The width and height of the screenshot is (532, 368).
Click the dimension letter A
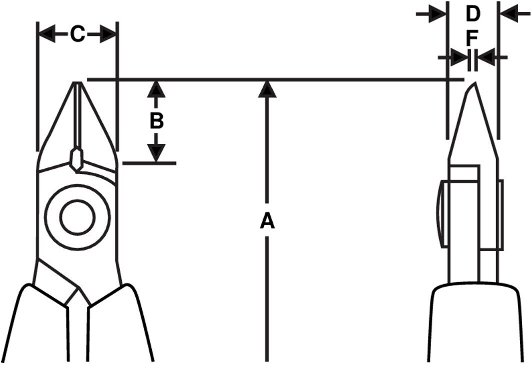tap(267, 221)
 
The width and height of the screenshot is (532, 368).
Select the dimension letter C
tap(77, 34)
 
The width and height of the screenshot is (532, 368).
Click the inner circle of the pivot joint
tap(78, 216)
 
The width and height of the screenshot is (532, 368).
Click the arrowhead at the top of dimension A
tap(267, 89)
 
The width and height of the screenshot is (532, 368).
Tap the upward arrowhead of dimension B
tap(156, 89)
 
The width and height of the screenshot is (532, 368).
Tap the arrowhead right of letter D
tap(509, 14)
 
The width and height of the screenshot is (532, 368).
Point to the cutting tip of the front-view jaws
tap(78, 82)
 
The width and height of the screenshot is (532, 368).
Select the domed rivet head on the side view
tap(443, 214)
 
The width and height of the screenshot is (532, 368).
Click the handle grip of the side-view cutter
tap(475, 324)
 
